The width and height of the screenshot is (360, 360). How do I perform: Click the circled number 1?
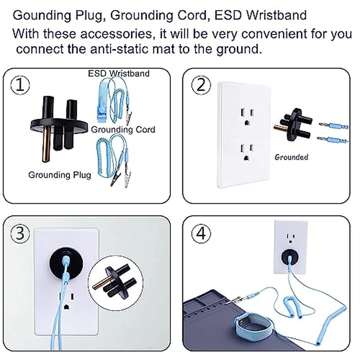[20, 85]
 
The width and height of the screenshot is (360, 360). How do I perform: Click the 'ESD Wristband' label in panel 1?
[119, 73]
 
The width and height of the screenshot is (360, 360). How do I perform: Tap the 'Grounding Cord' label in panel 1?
[123, 130]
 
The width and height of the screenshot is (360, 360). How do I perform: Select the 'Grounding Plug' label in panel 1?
[60, 175]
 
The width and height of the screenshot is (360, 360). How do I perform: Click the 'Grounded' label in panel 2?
[291, 156]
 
